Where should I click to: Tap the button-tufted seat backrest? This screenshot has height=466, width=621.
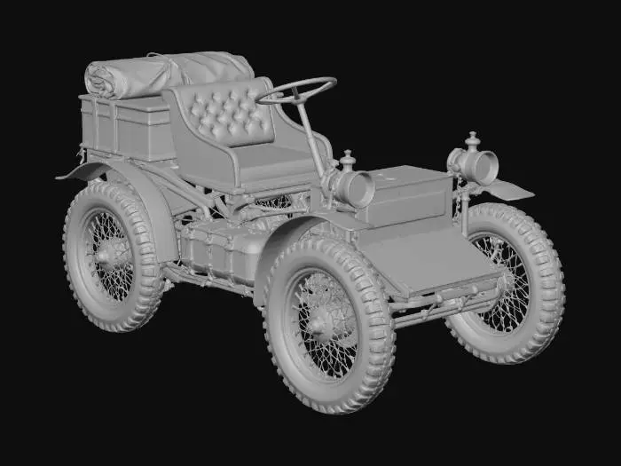click(222, 111)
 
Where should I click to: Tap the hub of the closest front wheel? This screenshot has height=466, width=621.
click(326, 324)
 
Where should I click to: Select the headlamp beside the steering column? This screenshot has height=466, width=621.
click(354, 188)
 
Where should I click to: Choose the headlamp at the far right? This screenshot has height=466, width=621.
click(479, 166)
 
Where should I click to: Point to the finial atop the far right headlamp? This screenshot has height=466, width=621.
click(472, 139)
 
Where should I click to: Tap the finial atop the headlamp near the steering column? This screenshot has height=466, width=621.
click(348, 158)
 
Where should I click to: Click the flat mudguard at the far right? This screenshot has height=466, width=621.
click(510, 189)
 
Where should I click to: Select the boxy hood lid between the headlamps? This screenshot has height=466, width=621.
click(408, 191)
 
